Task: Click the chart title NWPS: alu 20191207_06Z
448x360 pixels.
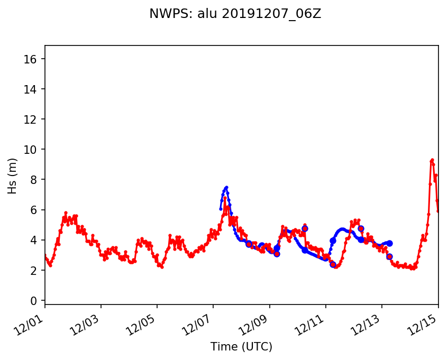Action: [x=235, y=15]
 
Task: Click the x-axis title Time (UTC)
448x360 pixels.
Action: [x=241, y=347]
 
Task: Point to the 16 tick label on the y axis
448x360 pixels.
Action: [x=34, y=59]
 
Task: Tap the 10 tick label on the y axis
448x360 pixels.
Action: [x=34, y=150]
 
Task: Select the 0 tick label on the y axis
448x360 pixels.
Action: [x=37, y=301]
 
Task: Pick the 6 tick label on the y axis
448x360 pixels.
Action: [x=37, y=210]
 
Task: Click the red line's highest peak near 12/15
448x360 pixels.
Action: [x=432, y=160]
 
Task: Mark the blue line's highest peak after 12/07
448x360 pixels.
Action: [x=226, y=187]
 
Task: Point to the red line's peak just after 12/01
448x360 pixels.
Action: [x=66, y=213]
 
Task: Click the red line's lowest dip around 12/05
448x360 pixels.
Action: [x=162, y=267]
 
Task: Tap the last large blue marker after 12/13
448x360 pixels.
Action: [x=390, y=243]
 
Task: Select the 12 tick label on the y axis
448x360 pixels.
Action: [x=34, y=119]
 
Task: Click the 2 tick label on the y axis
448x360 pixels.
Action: [x=37, y=271]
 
